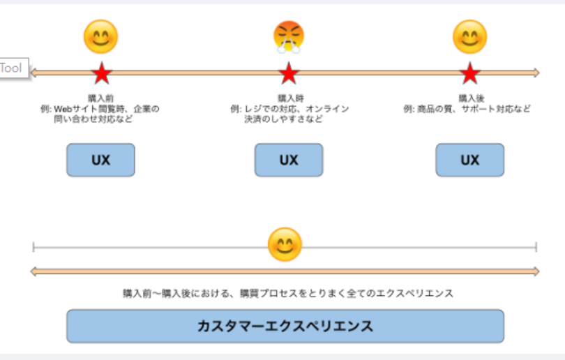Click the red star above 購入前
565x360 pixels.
click(102, 73)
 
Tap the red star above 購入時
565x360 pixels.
click(288, 73)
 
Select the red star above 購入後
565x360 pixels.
click(470, 73)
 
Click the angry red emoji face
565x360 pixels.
click(289, 37)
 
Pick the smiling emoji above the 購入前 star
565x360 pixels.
click(100, 37)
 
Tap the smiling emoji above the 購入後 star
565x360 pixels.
click(469, 37)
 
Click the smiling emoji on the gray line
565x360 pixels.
click(285, 245)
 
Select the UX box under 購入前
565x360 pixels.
click(100, 160)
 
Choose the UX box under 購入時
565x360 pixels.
click(289, 160)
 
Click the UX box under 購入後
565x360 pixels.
click(469, 160)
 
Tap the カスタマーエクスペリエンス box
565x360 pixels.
click(285, 326)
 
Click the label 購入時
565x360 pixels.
click(289, 98)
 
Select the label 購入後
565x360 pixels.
click(469, 98)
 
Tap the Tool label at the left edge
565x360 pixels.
click(12, 68)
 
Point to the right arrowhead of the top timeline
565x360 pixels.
click(535, 73)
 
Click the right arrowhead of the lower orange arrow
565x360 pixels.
click(535, 271)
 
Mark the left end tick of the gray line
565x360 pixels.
click(34, 246)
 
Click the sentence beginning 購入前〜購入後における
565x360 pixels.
click(288, 294)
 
